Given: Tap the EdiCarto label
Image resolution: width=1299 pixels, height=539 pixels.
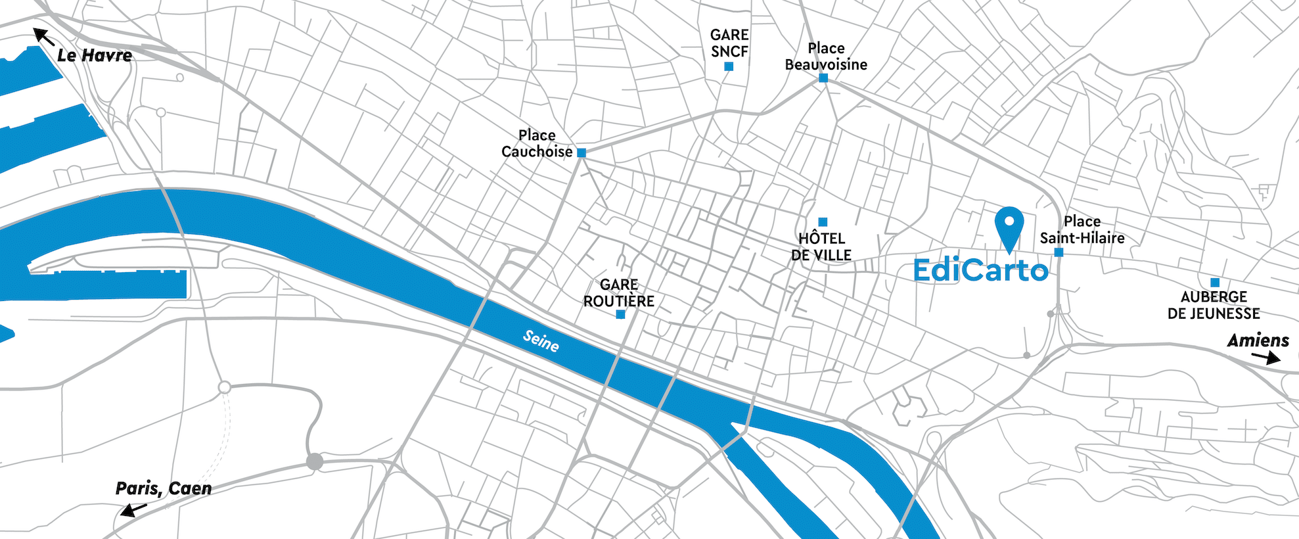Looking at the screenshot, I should click(980, 270).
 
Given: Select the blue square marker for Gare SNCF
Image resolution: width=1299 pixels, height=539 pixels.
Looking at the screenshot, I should click(729, 66).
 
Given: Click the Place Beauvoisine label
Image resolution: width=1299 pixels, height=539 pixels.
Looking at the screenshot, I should click(826, 57).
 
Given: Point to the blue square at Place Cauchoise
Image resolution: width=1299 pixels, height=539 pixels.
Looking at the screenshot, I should click(581, 152).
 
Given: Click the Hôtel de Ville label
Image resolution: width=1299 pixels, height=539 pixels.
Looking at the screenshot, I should click(821, 246).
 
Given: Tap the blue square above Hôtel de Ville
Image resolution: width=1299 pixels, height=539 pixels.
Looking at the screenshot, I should click(823, 222).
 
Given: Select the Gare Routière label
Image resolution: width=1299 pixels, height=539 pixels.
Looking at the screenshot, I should click(619, 293).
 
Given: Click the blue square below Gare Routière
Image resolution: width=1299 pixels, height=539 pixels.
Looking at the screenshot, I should click(620, 314).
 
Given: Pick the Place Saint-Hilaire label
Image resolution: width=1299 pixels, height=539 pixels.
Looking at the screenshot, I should click(1082, 229).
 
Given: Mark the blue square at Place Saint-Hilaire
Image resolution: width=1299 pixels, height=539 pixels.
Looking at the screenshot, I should click(1059, 252).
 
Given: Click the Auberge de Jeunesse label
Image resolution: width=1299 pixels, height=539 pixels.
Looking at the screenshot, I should click(1214, 305).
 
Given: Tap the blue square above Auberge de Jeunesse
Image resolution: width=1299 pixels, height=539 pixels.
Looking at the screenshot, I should click(1215, 283).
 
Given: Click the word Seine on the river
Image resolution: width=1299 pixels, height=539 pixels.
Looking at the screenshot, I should click(541, 340).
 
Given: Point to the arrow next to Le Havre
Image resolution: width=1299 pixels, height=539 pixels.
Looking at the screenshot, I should click(44, 37).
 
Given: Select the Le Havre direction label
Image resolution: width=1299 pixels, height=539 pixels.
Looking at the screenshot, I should click(95, 56).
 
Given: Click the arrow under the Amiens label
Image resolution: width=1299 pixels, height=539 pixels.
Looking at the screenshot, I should click(1266, 358).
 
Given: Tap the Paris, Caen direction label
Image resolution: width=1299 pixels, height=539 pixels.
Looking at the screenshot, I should click(164, 488).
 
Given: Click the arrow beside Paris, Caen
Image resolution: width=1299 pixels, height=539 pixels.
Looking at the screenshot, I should click(133, 509).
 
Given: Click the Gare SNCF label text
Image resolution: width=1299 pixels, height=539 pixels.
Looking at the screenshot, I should click(729, 43).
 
